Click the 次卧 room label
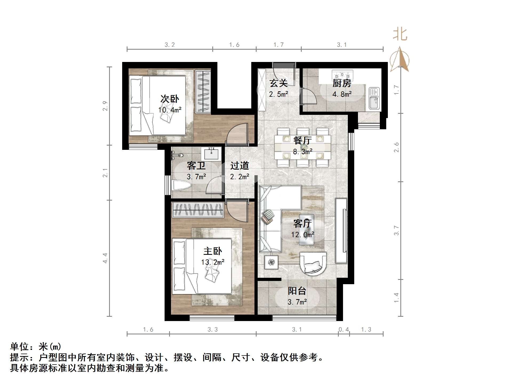169,99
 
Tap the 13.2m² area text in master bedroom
213,262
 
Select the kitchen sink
374,99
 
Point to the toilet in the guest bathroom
181,186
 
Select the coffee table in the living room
306,230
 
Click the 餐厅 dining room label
302,140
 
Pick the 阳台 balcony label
297,291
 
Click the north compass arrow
399,59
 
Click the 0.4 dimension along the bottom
344,330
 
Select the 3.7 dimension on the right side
396,230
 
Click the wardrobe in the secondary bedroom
203,91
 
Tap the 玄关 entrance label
278,83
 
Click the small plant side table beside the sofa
271,262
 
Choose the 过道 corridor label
240,166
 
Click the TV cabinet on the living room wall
341,231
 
